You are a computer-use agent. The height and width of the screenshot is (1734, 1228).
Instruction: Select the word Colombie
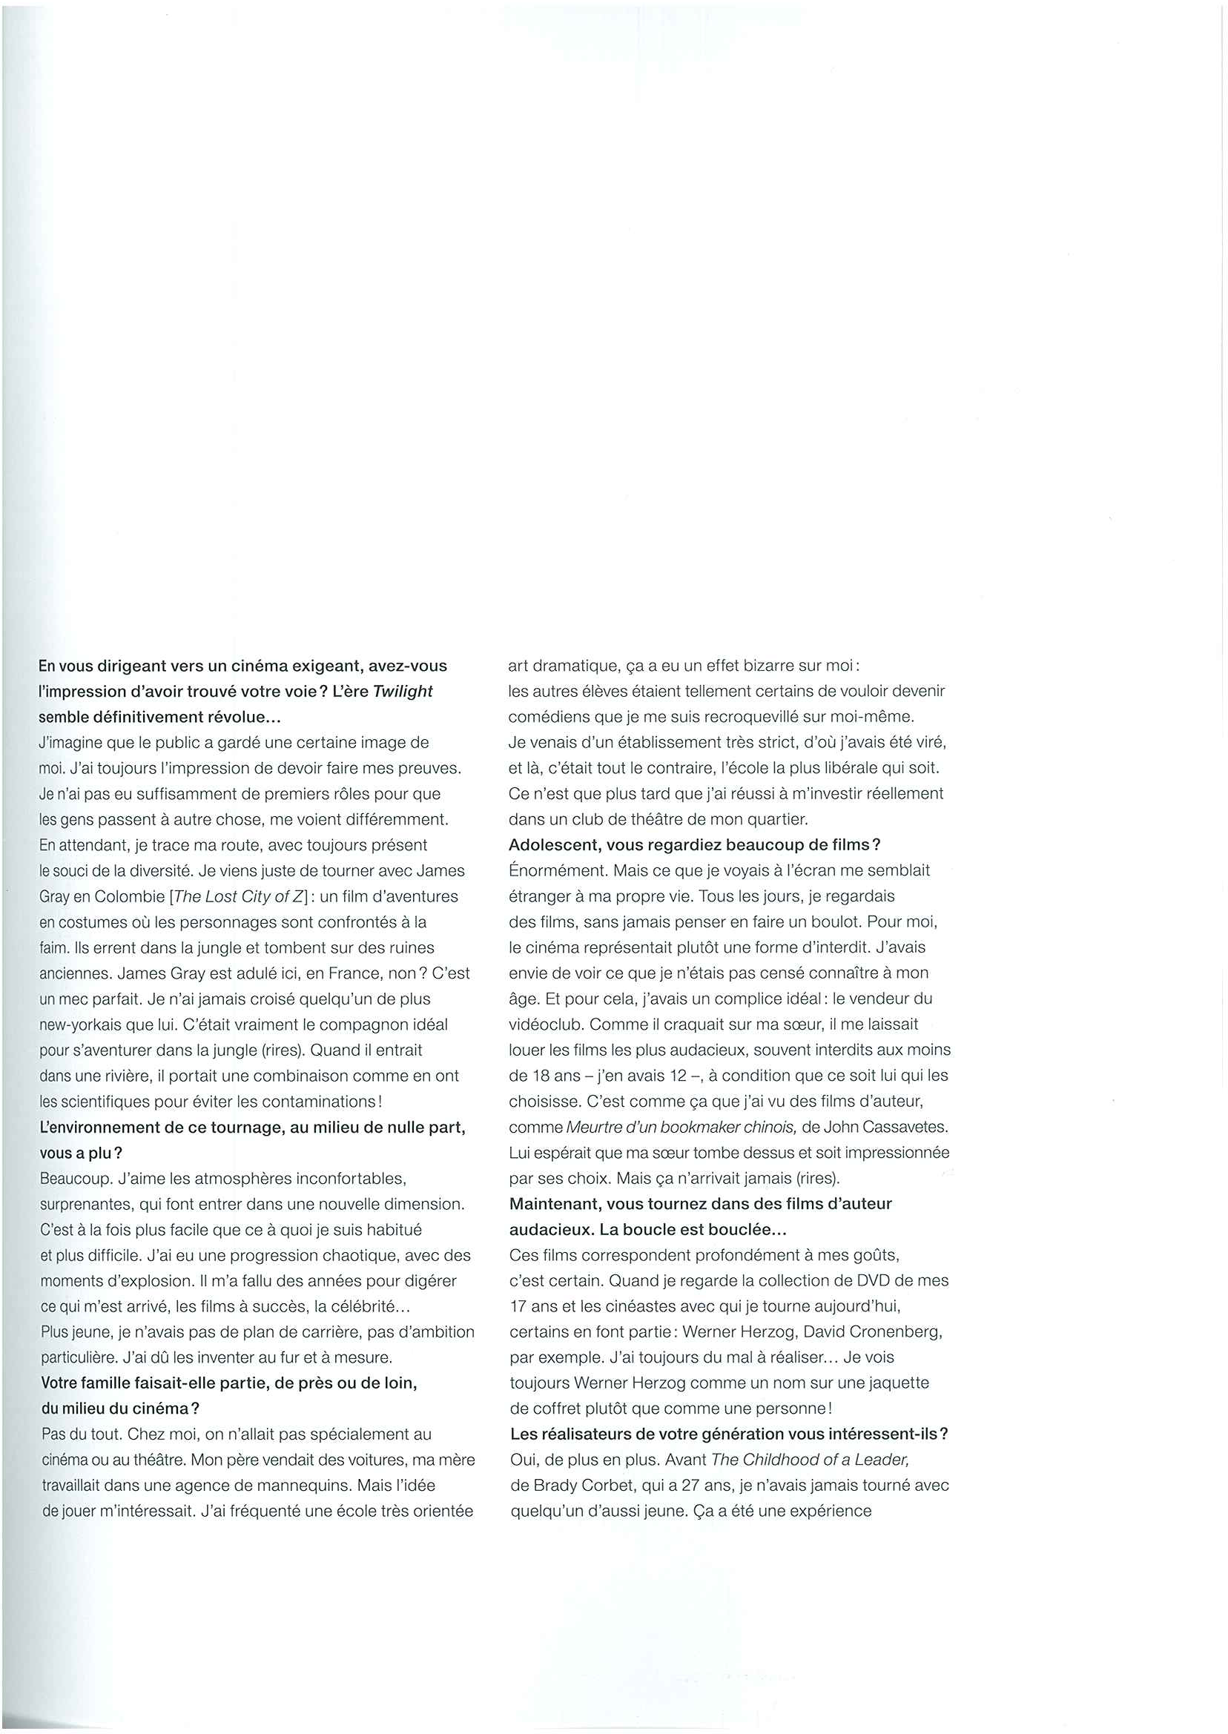pos(129,897)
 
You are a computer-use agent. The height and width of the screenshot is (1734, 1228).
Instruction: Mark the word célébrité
pos(366,1307)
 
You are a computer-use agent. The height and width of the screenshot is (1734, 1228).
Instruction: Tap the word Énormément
pos(558,871)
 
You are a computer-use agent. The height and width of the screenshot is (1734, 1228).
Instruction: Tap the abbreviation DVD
pos(870,1281)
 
